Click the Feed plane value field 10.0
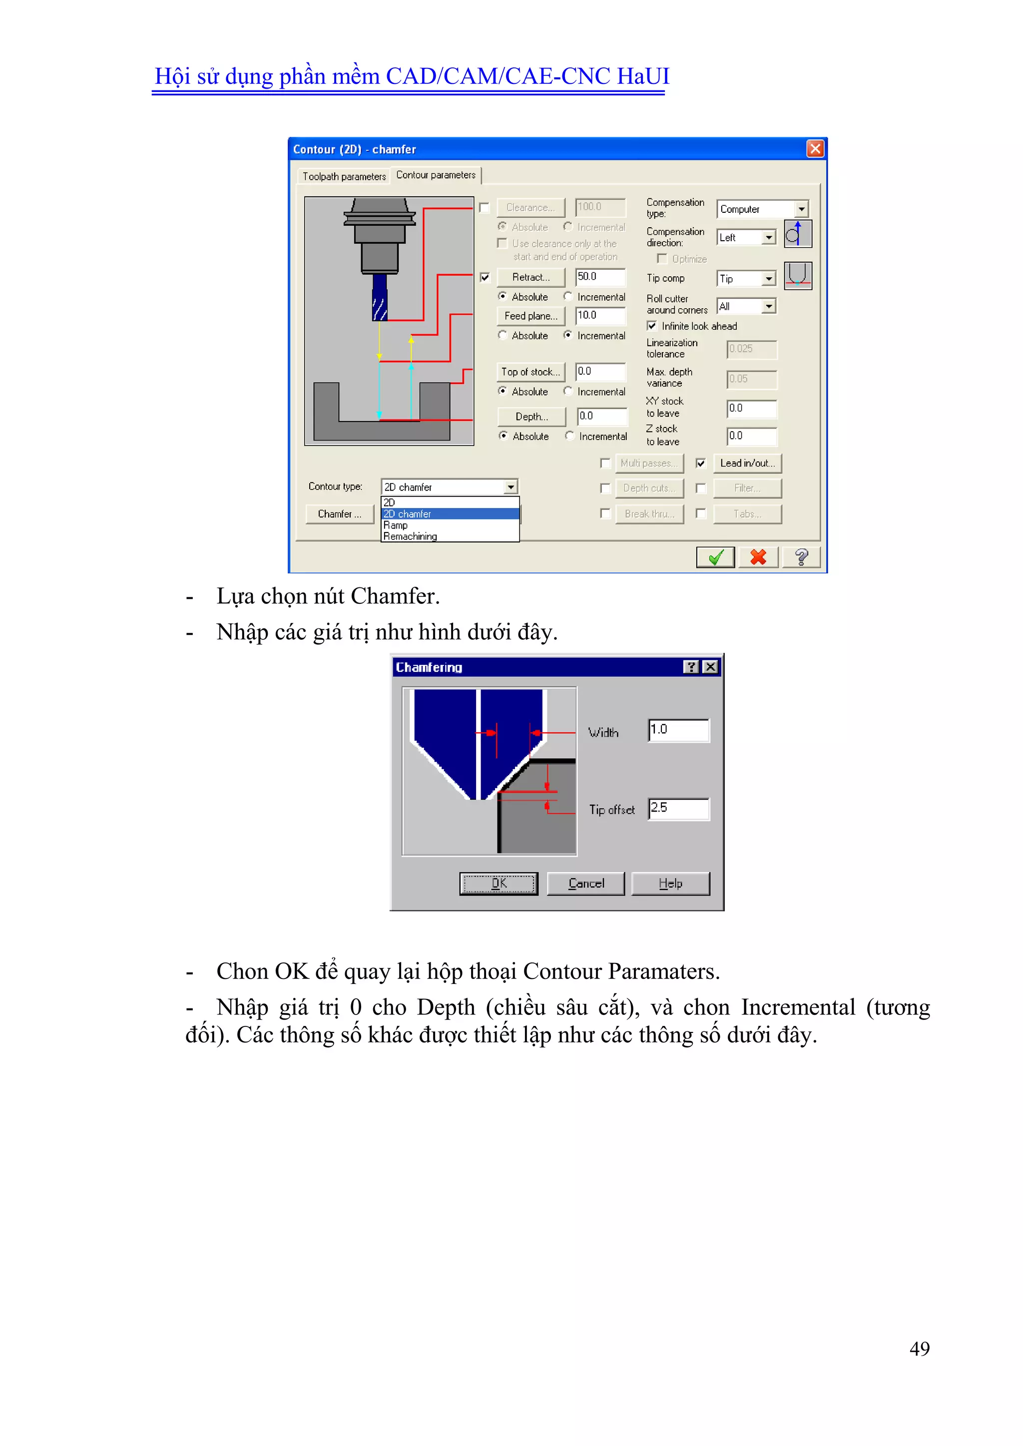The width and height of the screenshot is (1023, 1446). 600,316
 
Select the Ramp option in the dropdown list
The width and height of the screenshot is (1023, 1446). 396,525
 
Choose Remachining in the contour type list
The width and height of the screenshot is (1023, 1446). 410,536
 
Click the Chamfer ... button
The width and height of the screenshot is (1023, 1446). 340,514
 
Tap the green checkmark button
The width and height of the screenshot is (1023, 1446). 715,557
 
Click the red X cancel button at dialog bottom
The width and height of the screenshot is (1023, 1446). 758,557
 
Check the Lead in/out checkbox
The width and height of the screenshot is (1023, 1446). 700,464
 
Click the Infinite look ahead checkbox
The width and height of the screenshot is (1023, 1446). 652,326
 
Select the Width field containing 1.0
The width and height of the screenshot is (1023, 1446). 678,730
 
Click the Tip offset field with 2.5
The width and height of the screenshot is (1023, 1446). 678,809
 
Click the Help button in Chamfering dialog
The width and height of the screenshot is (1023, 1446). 670,884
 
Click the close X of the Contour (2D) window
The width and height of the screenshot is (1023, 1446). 815,149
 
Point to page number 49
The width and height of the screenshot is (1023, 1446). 919,1349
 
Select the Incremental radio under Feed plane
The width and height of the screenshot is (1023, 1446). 568,336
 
